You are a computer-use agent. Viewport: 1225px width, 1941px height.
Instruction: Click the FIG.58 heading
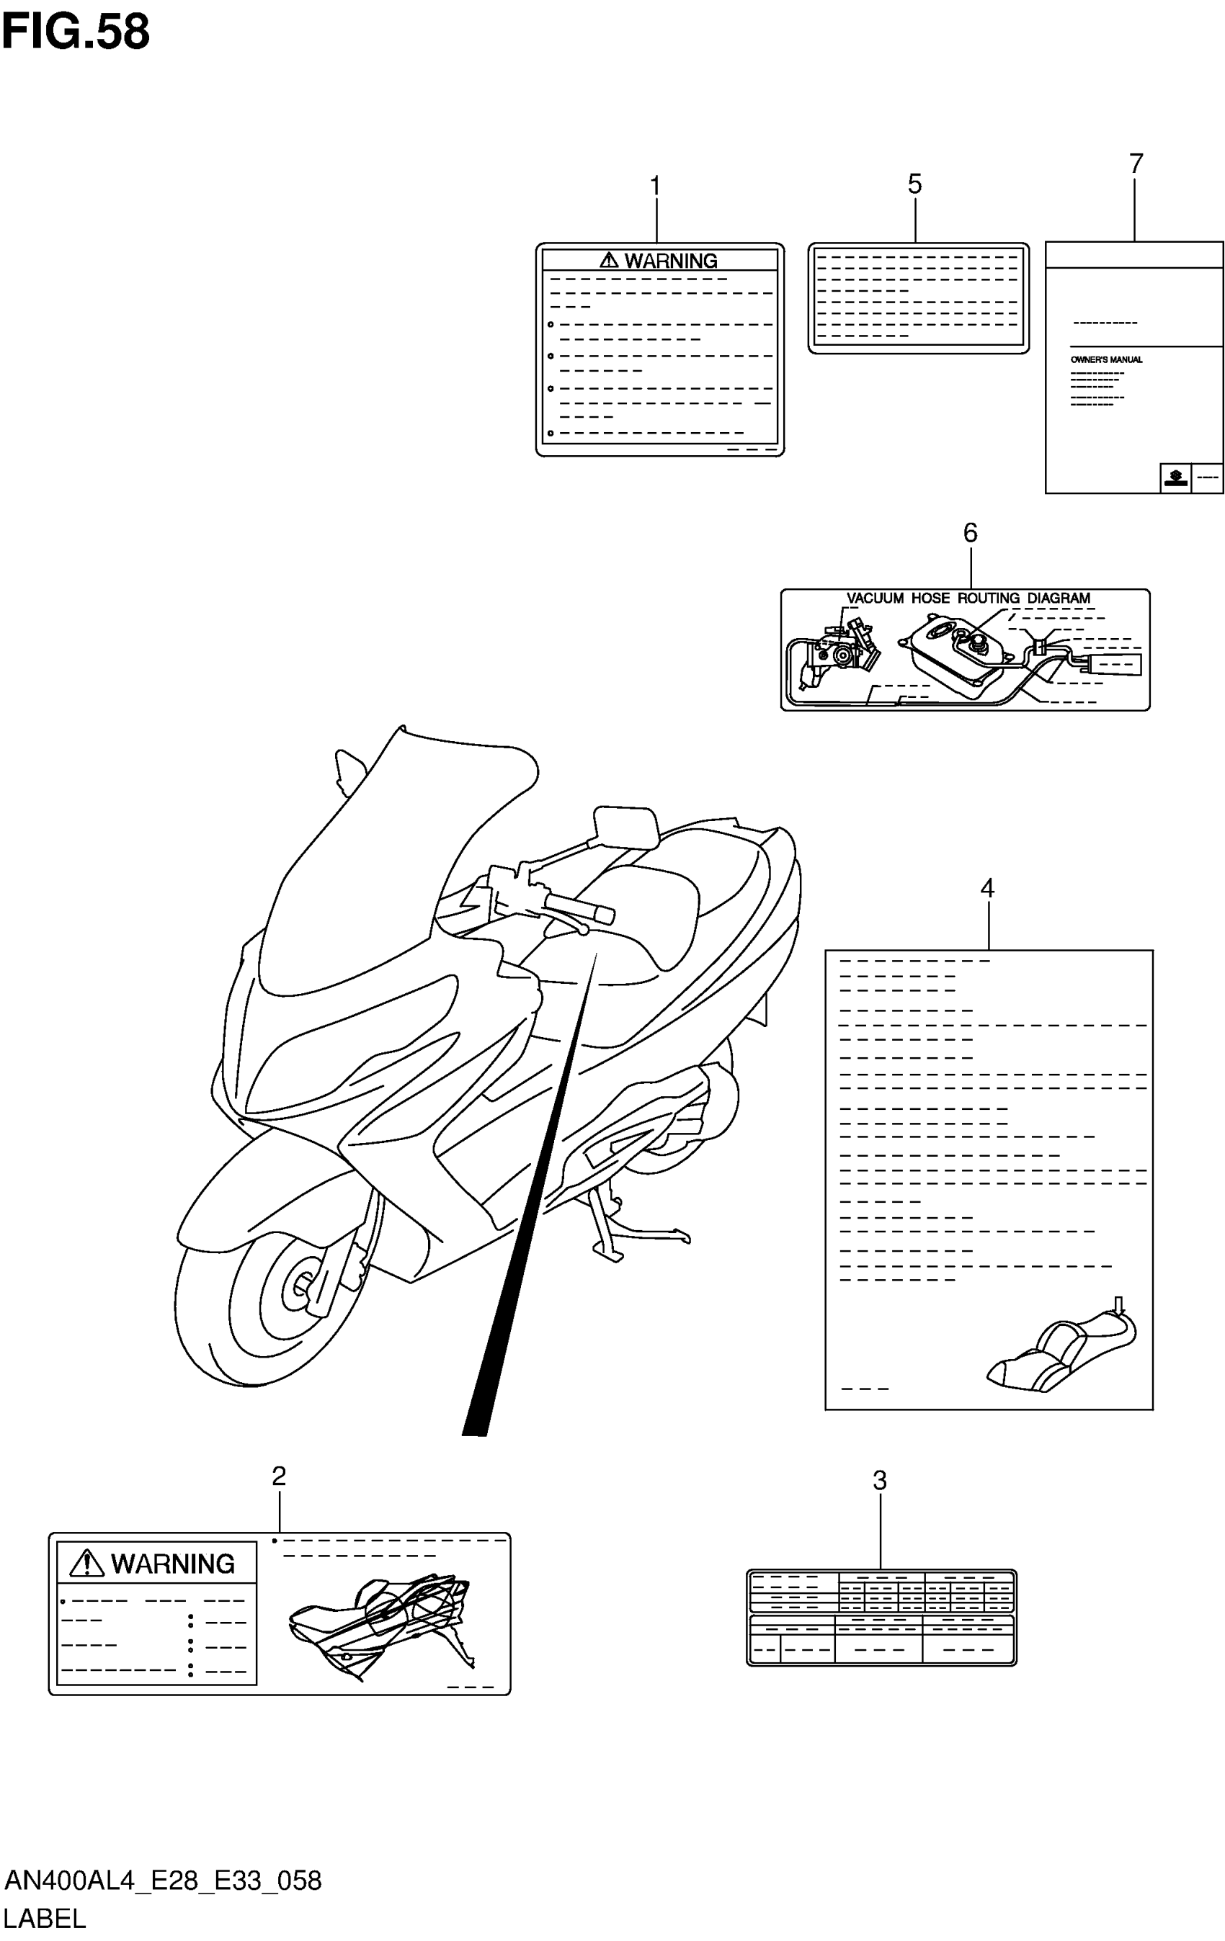76,32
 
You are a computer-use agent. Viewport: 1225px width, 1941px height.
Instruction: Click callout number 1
656,187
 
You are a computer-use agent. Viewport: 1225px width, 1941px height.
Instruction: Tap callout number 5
914,184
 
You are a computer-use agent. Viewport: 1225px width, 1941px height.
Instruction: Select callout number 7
1136,163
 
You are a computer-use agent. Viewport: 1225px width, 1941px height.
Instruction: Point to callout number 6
970,533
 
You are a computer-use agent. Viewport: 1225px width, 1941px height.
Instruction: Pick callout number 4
987,888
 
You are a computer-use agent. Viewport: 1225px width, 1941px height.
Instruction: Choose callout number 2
278,1476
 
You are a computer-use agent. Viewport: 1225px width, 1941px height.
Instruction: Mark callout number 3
880,1480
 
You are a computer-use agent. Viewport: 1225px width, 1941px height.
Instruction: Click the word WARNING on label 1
670,261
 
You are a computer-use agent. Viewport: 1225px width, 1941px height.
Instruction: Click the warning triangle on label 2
87,1564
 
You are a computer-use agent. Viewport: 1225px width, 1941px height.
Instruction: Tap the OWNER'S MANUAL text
1105,359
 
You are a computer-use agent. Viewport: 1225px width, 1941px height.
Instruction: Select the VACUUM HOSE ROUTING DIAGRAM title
968,598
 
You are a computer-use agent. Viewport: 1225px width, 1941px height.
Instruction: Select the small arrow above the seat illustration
1118,1304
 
